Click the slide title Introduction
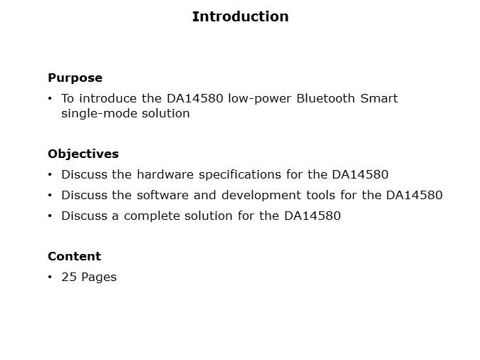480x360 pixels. pos(240,16)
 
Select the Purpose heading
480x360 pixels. pos(75,78)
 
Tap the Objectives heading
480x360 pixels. pos(83,154)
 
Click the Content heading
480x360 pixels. pos(74,256)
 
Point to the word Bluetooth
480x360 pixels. pos(325,98)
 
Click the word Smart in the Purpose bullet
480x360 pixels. pos(379,98)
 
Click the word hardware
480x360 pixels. pos(165,174)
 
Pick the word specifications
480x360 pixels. pos(240,175)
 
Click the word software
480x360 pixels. pos(162,195)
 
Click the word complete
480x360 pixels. pos(152,216)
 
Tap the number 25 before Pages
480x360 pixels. pos(69,277)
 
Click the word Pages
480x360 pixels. pos(99,277)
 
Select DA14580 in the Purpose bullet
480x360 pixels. pos(195,98)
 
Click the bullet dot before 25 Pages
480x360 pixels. pos(50,277)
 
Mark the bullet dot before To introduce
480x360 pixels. pos(50,98)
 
